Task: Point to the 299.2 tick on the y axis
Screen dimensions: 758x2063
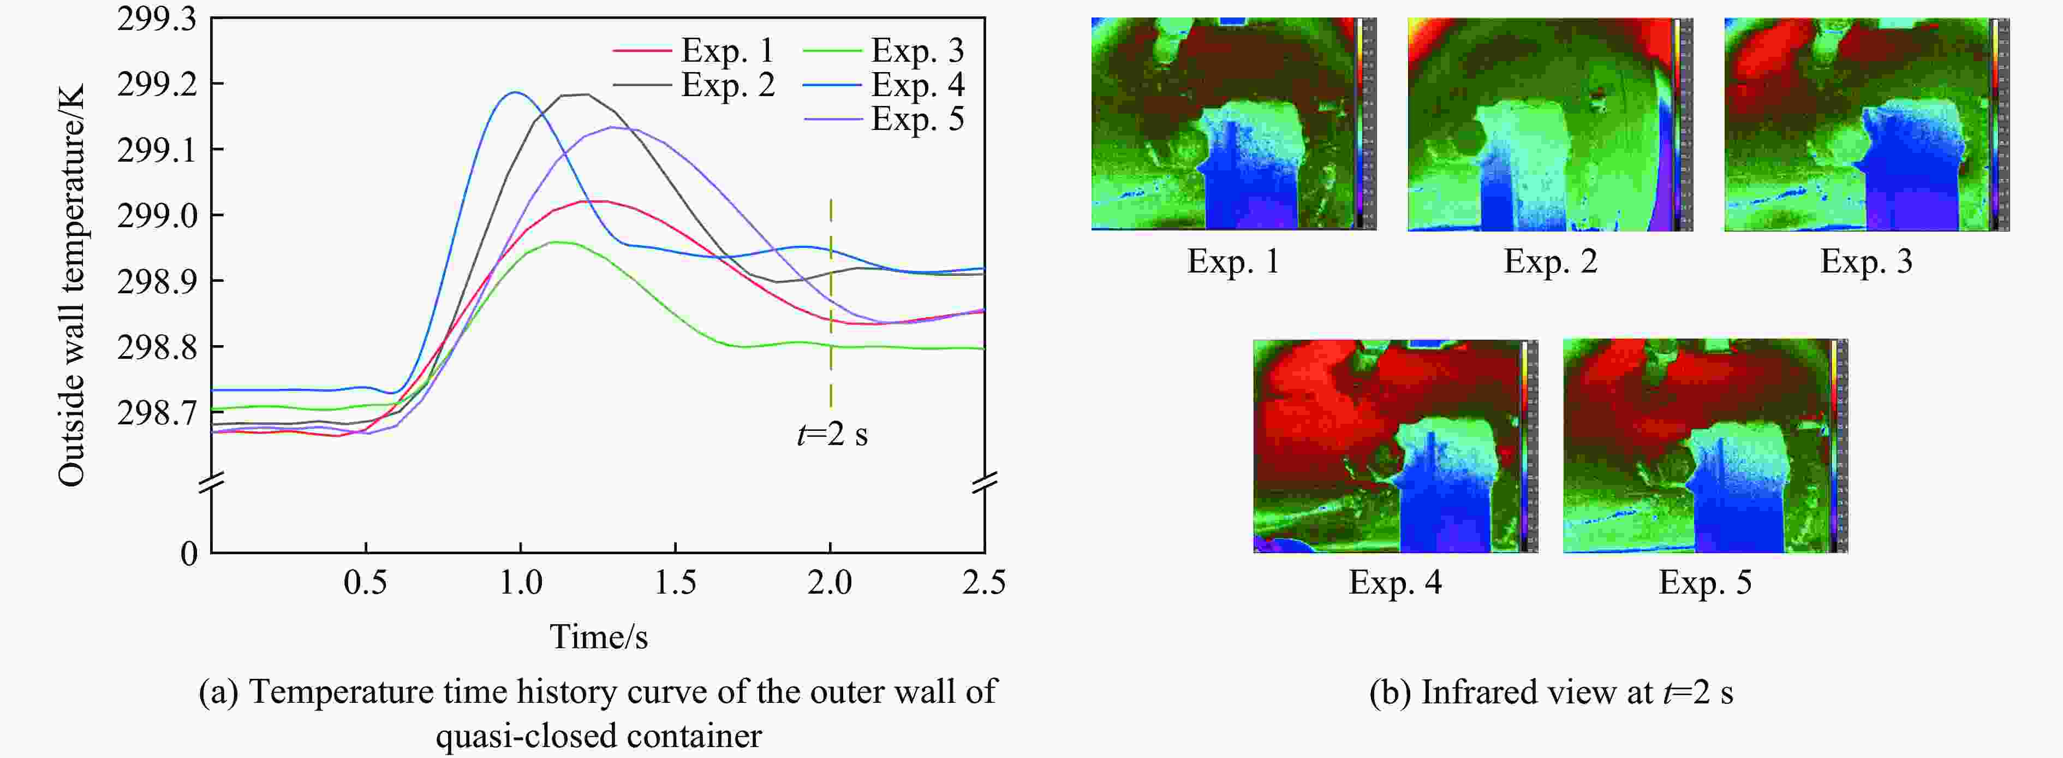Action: pyautogui.click(x=157, y=84)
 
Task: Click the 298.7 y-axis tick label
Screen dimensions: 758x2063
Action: pyautogui.click(x=157, y=413)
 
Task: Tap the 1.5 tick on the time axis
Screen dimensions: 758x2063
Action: pyautogui.click(x=675, y=583)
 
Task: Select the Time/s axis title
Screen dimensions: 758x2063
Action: pyautogui.click(x=598, y=637)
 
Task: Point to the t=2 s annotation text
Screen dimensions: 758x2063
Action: pyautogui.click(x=832, y=434)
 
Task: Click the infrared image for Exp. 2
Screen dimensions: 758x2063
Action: pyautogui.click(x=1549, y=124)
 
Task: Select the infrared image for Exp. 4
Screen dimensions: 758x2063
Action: pyautogui.click(x=1395, y=446)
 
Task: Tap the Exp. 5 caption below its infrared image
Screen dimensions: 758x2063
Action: pyautogui.click(x=1705, y=583)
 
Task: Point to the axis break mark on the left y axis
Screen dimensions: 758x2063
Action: pyautogui.click(x=211, y=482)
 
